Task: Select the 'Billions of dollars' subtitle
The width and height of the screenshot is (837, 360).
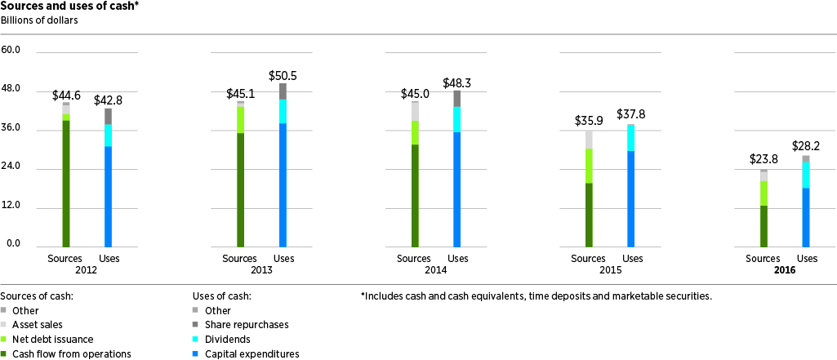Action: click(39, 21)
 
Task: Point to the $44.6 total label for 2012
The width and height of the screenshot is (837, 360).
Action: click(66, 96)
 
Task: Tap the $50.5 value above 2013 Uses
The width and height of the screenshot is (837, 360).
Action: click(283, 76)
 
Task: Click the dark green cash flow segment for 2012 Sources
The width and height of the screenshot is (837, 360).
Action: click(66, 184)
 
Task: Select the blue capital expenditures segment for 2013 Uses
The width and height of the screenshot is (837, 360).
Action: click(283, 184)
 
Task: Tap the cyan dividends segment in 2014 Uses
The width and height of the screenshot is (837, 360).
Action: click(457, 119)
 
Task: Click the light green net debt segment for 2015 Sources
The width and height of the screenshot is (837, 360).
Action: click(589, 166)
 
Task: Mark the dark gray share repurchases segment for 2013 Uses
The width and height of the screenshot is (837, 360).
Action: click(283, 91)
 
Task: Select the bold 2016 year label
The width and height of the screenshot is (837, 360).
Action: click(785, 270)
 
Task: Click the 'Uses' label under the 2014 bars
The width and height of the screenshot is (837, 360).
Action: click(457, 259)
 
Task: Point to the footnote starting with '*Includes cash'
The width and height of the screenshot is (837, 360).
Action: click(536, 296)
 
